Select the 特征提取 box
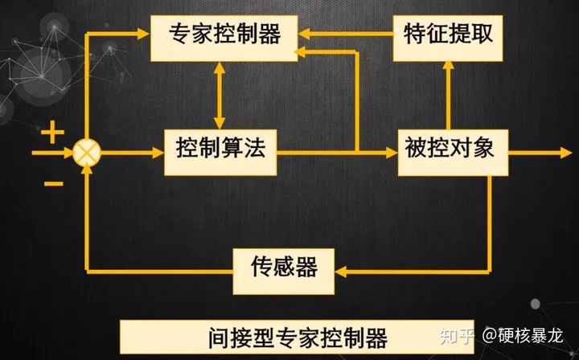448,35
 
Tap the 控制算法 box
220,149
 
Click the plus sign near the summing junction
52,132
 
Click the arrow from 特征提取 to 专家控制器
347,34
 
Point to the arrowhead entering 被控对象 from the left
392,150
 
